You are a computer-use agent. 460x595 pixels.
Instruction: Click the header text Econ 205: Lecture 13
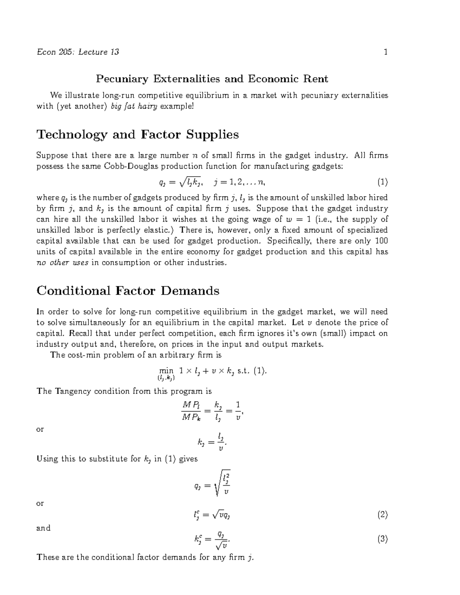click(x=77, y=52)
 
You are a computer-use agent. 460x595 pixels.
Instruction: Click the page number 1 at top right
click(x=386, y=52)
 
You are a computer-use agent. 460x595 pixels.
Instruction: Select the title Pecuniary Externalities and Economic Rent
click(x=212, y=79)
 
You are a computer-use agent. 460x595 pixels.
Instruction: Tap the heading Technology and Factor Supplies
click(x=137, y=134)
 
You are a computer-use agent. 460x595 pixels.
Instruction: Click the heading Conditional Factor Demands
click(x=128, y=291)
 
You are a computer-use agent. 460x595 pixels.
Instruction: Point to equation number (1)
click(x=383, y=182)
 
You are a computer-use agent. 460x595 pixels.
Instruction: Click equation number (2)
click(x=383, y=515)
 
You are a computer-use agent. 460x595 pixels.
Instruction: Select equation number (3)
click(x=383, y=539)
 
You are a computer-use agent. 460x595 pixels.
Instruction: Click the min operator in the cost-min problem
click(x=166, y=371)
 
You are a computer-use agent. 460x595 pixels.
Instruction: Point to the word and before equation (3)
click(x=43, y=528)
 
